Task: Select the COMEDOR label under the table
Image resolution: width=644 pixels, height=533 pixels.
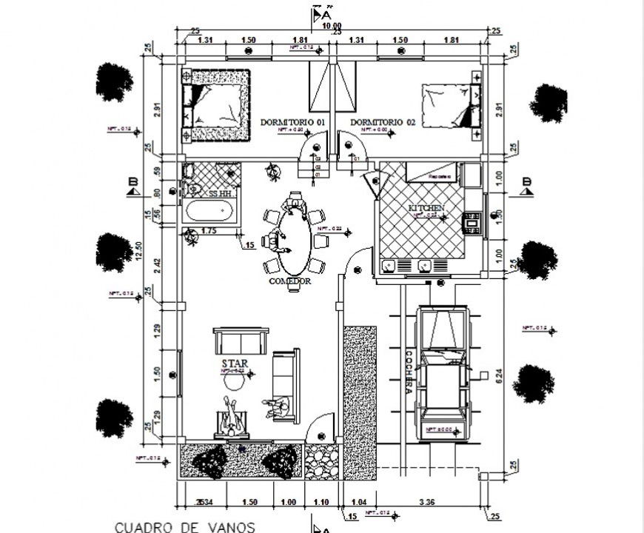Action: pyautogui.click(x=289, y=282)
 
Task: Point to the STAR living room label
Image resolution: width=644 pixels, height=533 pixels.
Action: pyautogui.click(x=234, y=364)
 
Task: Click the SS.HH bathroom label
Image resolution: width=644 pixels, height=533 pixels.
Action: pyautogui.click(x=219, y=193)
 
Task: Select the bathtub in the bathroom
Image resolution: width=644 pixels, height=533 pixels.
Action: pyautogui.click(x=212, y=212)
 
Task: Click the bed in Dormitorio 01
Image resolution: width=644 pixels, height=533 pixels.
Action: pyautogui.click(x=217, y=104)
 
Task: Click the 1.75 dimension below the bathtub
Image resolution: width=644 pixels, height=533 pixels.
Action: pyautogui.click(x=208, y=232)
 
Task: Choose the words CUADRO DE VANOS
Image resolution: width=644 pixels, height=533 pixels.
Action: pyautogui.click(x=185, y=527)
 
